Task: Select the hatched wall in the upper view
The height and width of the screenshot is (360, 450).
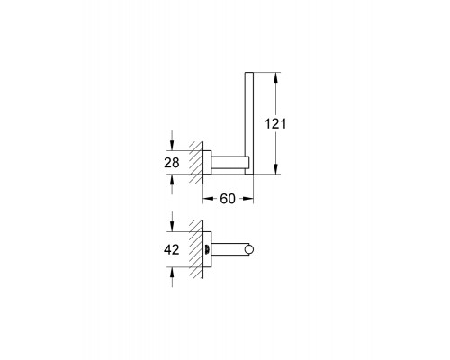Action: [196, 162]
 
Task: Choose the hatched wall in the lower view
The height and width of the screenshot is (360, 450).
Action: [196, 251]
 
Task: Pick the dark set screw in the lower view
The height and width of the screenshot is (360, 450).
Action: [209, 251]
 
